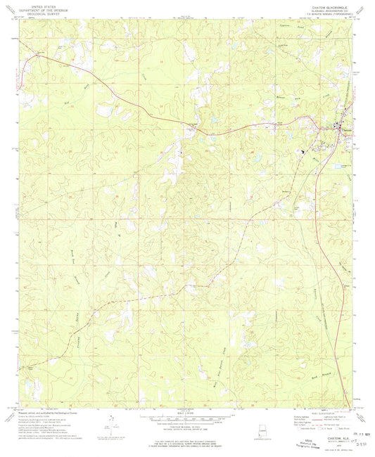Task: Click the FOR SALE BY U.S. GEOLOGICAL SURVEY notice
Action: coord(187,443)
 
